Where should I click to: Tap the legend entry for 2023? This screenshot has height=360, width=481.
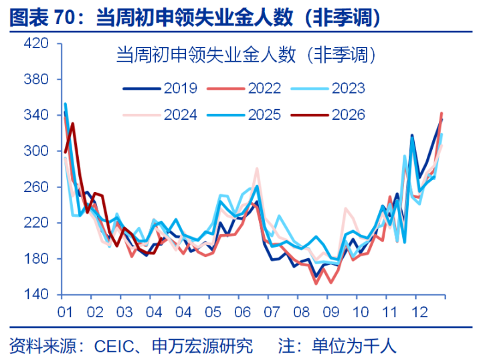click(x=348, y=88)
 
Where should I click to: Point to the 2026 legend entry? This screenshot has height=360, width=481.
click(x=348, y=114)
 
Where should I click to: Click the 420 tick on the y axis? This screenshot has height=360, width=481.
click(x=36, y=44)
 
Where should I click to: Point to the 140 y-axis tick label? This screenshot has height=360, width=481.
click(x=36, y=294)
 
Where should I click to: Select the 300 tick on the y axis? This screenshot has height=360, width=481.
click(x=36, y=151)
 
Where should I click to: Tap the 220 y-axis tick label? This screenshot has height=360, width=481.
click(x=36, y=223)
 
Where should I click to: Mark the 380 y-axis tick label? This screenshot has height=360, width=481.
click(x=36, y=80)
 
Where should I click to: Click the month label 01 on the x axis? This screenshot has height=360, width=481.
click(x=65, y=312)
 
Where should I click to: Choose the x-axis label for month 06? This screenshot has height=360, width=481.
click(x=243, y=312)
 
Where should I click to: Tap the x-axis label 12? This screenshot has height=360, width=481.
click(x=420, y=312)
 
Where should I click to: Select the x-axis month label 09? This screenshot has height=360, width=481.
click(x=332, y=312)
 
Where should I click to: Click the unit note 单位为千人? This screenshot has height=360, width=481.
click(x=355, y=346)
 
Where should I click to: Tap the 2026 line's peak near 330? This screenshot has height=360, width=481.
click(x=72, y=124)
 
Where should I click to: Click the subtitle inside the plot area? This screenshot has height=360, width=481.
click(x=245, y=55)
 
